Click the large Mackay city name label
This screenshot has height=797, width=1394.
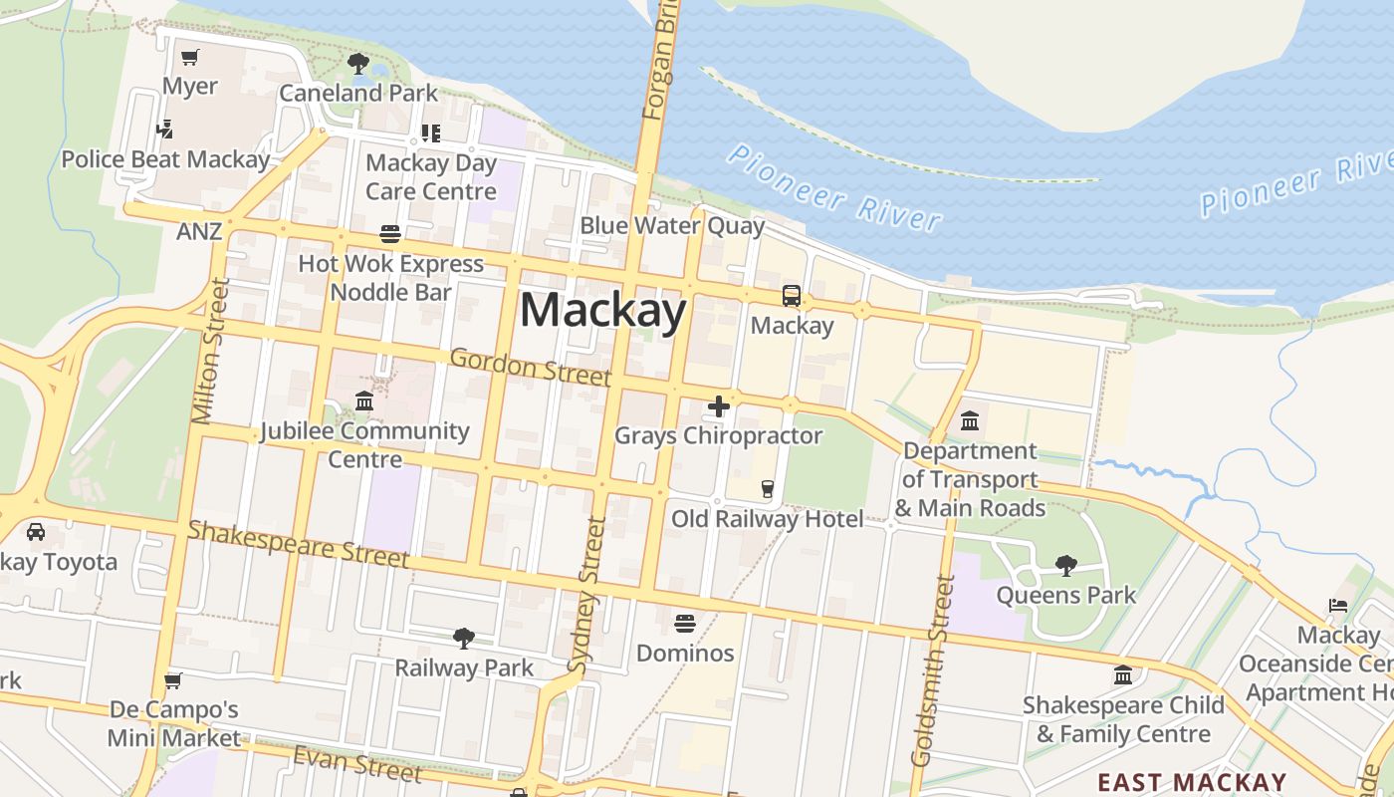(x=603, y=311)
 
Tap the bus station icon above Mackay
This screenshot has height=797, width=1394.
(x=792, y=296)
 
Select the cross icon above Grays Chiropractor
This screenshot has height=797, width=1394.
(x=719, y=406)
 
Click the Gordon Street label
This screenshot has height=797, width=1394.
(x=530, y=367)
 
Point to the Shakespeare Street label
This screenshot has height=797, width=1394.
(x=298, y=543)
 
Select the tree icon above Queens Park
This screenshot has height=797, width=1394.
(x=1066, y=566)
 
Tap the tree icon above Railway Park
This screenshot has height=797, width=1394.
(x=464, y=638)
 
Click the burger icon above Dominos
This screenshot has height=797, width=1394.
(x=685, y=624)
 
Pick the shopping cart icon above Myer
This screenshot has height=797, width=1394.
(x=190, y=57)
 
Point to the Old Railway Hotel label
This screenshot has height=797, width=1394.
(x=767, y=519)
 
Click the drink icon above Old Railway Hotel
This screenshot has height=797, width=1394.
(x=767, y=488)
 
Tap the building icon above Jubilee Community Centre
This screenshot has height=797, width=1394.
(x=364, y=401)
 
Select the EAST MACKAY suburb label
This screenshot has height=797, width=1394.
(x=1192, y=782)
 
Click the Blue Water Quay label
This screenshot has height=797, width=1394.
(x=672, y=226)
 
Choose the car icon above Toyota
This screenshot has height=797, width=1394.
(x=36, y=532)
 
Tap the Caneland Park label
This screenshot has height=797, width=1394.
(x=358, y=93)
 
